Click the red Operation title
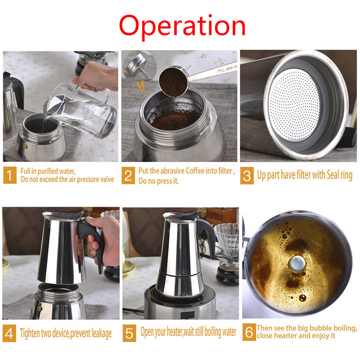pos(182,27)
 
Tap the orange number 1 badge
pos(10,175)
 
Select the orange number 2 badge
pos(128,176)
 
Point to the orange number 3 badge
pos(247,176)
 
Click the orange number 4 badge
pos(9,333)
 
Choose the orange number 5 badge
pos(129,333)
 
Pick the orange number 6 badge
pos(249,332)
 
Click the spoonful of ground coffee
pos(174,82)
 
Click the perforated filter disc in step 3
pos(295,104)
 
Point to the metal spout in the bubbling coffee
pos(297,264)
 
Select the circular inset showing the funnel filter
pos(140,66)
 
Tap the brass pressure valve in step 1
pos(25,147)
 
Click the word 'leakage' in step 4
pos(102,333)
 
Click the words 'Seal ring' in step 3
pos(340,175)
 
